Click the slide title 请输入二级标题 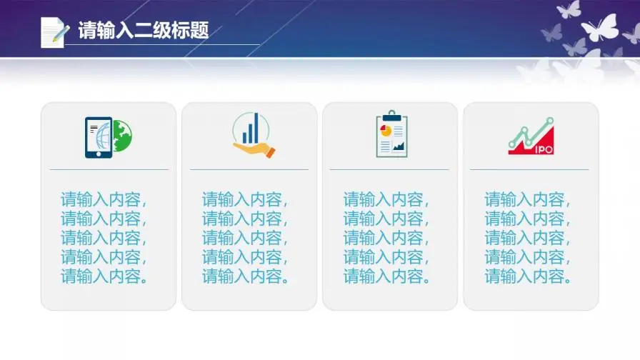coord(143,31)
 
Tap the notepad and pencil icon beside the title coord(54,32)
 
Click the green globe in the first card coord(122,136)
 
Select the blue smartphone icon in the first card coord(98,137)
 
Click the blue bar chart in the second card coord(250,129)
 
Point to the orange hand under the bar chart coord(255,149)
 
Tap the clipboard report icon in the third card coord(391,134)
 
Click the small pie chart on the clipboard coord(386,131)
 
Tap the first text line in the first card coord(105,199)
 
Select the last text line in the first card coord(105,276)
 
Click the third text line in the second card coord(246,238)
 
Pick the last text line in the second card coord(246,276)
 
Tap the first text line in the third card coord(387,199)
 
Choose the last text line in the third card coord(387,276)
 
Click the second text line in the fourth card coord(529,219)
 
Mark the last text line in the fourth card coord(529,276)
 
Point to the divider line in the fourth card coord(529,169)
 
